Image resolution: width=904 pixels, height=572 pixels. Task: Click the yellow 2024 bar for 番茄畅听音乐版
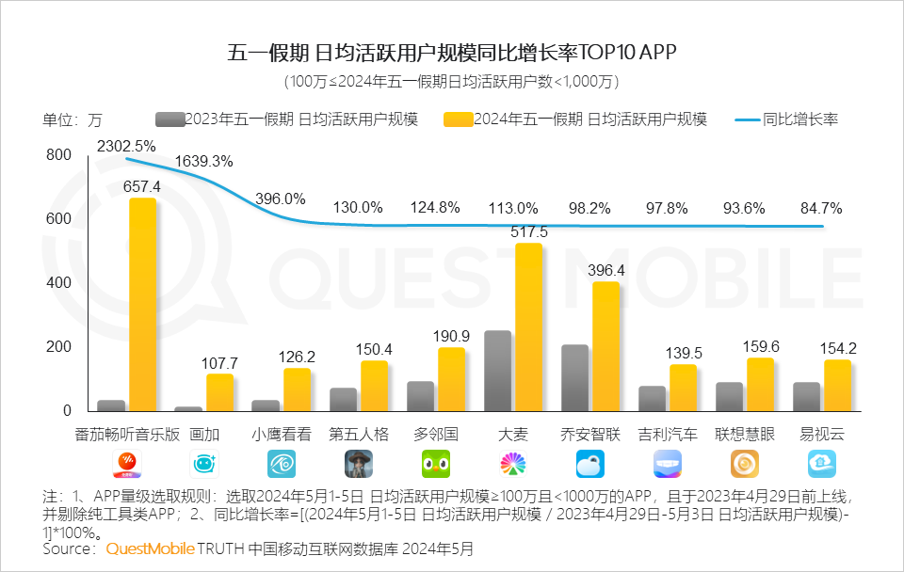142,305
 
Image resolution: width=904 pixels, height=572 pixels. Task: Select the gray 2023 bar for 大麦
497,371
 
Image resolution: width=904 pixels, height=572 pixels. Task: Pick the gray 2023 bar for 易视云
806,396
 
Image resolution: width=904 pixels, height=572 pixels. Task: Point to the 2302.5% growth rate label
125,146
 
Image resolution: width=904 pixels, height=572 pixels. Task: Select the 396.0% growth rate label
280,199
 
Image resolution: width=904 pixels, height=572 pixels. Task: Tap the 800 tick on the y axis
58,155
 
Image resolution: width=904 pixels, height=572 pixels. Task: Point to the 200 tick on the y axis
58,347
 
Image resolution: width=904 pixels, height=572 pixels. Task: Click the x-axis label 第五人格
359,435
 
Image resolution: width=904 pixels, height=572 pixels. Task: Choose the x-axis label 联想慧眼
745,435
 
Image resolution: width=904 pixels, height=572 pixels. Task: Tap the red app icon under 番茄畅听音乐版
127,464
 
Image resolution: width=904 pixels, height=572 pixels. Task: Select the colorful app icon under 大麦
513,464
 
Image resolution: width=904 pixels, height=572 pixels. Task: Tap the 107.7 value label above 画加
219,362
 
